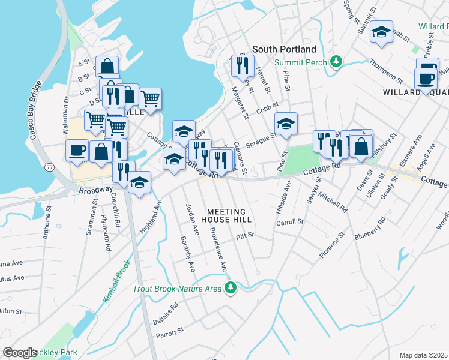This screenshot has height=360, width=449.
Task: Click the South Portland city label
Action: tap(284, 49)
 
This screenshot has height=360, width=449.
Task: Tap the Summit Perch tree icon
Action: tap(336, 62)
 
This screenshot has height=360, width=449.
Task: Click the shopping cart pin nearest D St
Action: tap(149, 97)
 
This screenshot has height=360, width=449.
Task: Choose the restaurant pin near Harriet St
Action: tap(243, 64)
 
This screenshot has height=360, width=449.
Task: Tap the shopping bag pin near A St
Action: tap(107, 66)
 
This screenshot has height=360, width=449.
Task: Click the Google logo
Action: tap(20, 353)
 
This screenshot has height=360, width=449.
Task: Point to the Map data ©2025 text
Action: tap(423, 355)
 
